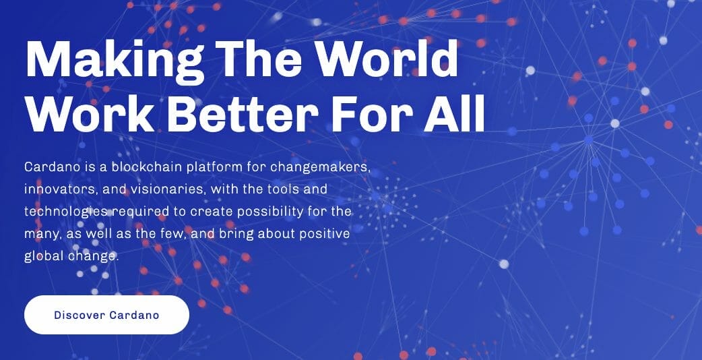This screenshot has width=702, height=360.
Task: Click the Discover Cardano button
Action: (x=106, y=315)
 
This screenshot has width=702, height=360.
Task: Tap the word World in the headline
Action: (x=387, y=59)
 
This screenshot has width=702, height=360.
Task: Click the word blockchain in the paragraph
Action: (x=147, y=167)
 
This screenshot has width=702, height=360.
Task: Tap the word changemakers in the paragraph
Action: (x=321, y=167)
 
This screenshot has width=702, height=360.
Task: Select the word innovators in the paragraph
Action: (x=61, y=189)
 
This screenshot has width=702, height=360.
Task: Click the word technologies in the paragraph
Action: (x=66, y=212)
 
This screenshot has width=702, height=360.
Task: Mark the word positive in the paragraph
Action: (x=325, y=234)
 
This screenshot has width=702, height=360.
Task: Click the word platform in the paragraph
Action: (x=215, y=167)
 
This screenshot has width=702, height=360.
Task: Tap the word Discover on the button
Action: (x=79, y=315)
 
